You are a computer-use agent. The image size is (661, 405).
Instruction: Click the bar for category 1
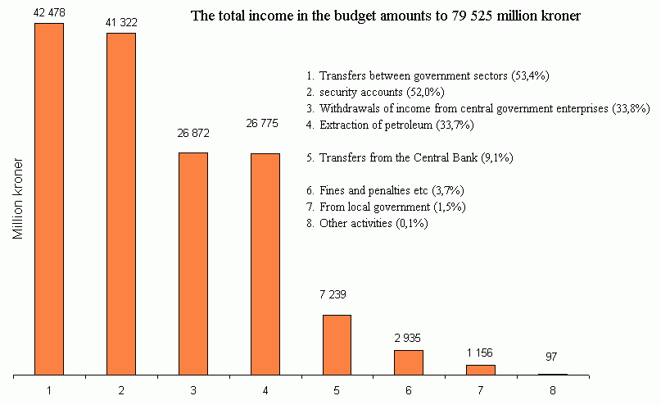tap(49, 199)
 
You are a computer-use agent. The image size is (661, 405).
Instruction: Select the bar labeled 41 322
tap(121, 204)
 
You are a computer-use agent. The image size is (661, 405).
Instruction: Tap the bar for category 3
tap(193, 264)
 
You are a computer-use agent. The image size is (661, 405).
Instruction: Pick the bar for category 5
tap(337, 345)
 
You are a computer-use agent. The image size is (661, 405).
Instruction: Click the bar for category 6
tap(409, 362)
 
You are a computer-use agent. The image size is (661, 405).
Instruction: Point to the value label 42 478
tap(49, 11)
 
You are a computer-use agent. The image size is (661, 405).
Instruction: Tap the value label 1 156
tap(481, 352)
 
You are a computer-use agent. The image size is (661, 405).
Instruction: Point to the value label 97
tap(552, 357)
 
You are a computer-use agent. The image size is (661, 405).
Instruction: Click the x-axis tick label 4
tap(265, 390)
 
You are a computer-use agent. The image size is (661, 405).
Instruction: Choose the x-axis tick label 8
tap(552, 390)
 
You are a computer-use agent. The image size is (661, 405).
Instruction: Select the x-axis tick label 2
tap(121, 390)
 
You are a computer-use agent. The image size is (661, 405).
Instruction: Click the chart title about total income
tap(385, 16)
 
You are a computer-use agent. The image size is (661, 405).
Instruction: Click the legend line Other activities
tap(366, 223)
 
